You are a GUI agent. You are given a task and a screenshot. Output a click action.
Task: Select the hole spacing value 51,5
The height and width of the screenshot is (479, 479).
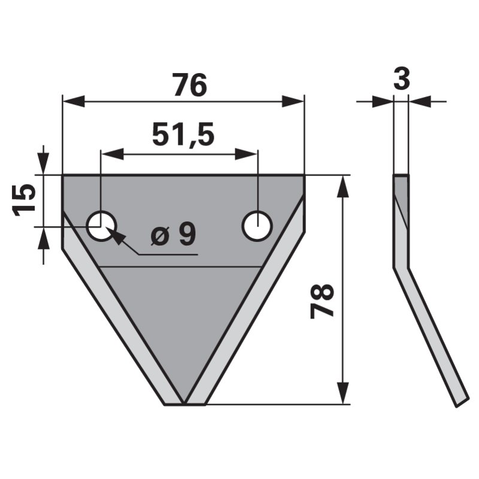(x=183, y=135)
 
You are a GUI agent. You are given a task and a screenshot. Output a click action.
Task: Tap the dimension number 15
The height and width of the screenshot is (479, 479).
(x=25, y=200)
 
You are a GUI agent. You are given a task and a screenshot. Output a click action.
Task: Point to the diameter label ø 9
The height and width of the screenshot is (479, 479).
(x=174, y=236)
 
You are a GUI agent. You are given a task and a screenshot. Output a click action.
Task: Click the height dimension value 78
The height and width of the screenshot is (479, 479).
(x=323, y=301)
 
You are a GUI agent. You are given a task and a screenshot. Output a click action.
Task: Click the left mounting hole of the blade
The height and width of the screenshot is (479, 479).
(x=101, y=226)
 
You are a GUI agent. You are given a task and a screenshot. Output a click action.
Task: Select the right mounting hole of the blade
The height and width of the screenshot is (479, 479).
(x=257, y=226)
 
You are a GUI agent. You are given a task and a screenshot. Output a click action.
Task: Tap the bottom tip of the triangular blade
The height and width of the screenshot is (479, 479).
(x=184, y=403)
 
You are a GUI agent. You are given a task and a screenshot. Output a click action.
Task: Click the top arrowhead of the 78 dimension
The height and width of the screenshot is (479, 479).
(x=342, y=186)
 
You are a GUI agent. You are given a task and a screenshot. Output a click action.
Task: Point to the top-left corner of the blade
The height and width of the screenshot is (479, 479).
(x=63, y=175)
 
